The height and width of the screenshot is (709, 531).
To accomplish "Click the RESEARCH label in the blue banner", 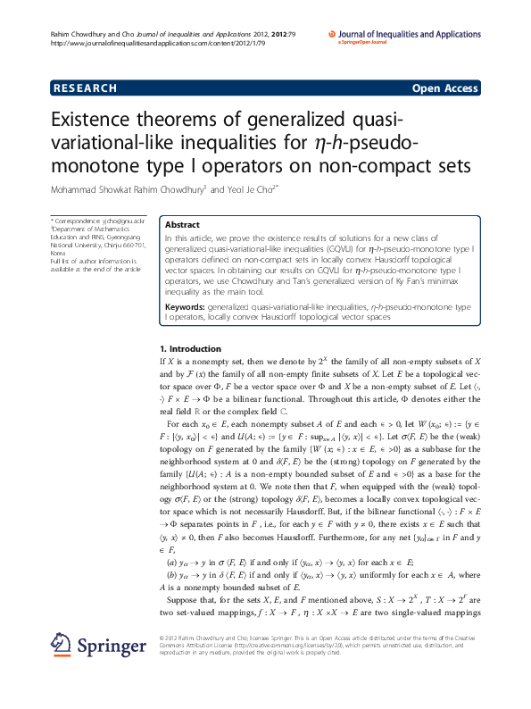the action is tap(86, 88).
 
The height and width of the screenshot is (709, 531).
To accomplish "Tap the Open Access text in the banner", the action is tap(444, 88).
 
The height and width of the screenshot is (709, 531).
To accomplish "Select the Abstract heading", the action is tap(183, 226).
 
